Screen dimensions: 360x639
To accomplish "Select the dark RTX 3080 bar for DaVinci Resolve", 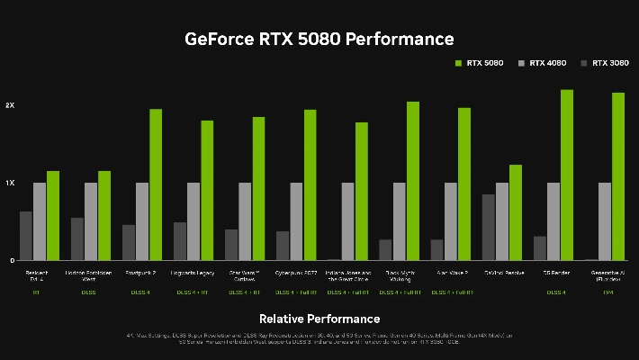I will (489, 227).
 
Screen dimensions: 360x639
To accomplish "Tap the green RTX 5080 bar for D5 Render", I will (566, 175).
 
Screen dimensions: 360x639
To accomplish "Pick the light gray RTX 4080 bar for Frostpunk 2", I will (142, 221).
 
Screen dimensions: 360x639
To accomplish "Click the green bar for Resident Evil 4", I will (53, 215).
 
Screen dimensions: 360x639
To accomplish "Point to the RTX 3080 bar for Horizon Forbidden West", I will (77, 238).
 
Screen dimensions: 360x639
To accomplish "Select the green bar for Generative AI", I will (617, 176).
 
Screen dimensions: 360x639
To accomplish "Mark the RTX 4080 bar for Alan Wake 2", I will (450, 221).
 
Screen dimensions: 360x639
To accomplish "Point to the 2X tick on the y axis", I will (10, 105).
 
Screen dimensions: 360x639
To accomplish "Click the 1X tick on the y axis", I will (10, 183).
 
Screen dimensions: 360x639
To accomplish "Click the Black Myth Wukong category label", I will (399, 274).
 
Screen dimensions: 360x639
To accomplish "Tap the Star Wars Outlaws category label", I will (245, 274).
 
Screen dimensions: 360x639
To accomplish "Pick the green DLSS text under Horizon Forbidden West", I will (88, 292).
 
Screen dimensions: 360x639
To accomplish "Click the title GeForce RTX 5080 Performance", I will (319, 39).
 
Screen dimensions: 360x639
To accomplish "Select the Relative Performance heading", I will (319, 319).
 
